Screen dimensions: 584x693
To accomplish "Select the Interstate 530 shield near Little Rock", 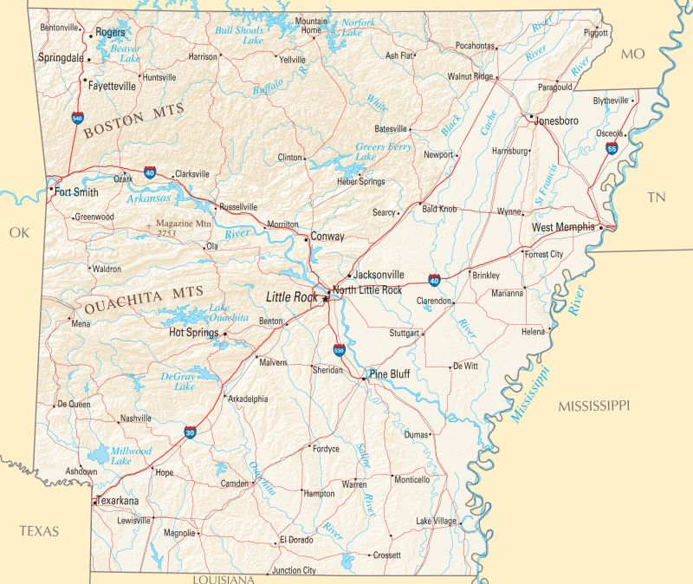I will click(x=340, y=351).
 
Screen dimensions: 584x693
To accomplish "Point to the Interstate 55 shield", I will click(x=612, y=149).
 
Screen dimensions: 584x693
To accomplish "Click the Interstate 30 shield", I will click(x=190, y=431).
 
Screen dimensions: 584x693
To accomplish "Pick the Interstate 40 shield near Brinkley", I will click(x=433, y=280).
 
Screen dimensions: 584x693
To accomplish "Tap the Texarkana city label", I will click(x=118, y=501).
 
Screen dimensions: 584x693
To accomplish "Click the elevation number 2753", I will click(x=166, y=233).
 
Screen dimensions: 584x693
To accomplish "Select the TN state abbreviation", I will click(x=657, y=198).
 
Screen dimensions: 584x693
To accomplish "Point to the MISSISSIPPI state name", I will click(x=593, y=406).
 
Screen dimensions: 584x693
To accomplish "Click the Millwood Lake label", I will click(x=131, y=457).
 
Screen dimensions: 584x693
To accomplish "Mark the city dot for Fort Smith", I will click(x=51, y=188).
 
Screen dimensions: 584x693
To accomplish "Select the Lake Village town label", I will click(x=436, y=521).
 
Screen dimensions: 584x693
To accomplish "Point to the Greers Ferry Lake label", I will click(x=382, y=152).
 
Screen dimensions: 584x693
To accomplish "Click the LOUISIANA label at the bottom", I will click(x=223, y=579).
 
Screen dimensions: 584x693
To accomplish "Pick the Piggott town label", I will click(x=596, y=33).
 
